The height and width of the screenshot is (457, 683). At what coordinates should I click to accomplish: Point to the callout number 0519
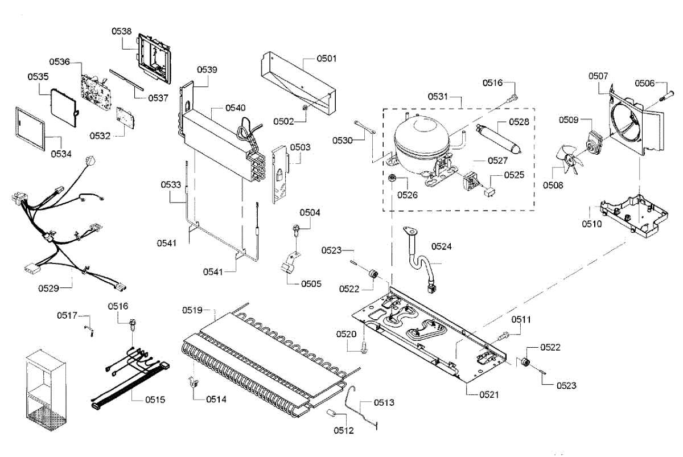pyautogui.click(x=192, y=310)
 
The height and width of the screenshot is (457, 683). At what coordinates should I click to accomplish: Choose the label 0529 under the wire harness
pyautogui.click(x=49, y=288)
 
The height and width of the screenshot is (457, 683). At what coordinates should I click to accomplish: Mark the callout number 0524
pyautogui.click(x=441, y=246)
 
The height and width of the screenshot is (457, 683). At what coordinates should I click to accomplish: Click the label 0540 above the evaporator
pyautogui.click(x=235, y=108)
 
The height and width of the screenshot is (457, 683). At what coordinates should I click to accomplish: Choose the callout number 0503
pyautogui.click(x=300, y=147)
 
